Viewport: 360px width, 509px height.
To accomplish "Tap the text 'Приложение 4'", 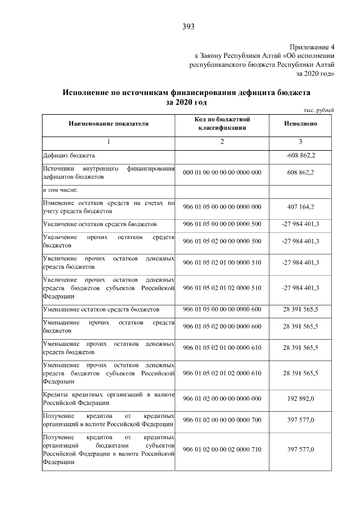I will pos(312,47).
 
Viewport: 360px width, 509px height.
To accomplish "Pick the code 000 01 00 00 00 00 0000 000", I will pos(222,172).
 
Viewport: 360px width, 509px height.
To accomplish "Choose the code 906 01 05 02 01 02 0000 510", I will pos(222,287).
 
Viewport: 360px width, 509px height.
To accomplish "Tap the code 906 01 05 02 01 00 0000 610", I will pos(222,348).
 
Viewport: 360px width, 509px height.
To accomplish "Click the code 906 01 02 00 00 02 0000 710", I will pos(222,449).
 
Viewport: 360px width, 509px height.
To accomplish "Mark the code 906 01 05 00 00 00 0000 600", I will pos(222,309).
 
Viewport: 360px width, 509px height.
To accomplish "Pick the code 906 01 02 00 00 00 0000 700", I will pos(222,420).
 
